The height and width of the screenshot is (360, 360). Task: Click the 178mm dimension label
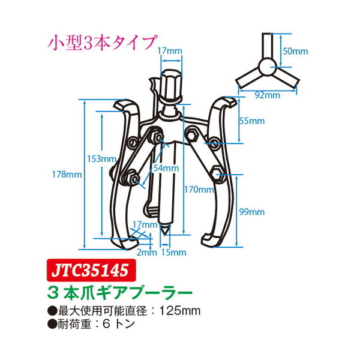tap(67, 175)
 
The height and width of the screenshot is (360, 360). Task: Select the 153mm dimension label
tap(101, 159)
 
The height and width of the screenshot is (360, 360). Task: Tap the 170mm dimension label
tap(199, 190)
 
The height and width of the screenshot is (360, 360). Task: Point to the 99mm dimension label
tap(252, 212)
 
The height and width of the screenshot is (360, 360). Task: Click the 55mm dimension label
tap(252, 121)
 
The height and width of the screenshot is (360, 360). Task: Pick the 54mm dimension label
tap(166, 168)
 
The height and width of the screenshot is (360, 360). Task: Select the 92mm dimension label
tap(268, 95)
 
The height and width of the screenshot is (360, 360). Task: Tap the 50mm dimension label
tap(295, 51)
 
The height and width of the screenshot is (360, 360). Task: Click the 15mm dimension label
tap(173, 253)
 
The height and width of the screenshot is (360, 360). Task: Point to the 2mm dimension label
tap(147, 253)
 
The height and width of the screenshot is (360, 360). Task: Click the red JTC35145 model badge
tap(91, 270)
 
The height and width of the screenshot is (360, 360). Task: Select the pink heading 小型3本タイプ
tap(103, 43)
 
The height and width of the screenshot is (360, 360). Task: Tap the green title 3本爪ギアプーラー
tap(119, 293)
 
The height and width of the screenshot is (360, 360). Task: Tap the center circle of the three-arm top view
tap(268, 67)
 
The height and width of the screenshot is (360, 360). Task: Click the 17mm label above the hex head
tap(170, 51)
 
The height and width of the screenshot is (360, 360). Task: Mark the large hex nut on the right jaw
tap(217, 174)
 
